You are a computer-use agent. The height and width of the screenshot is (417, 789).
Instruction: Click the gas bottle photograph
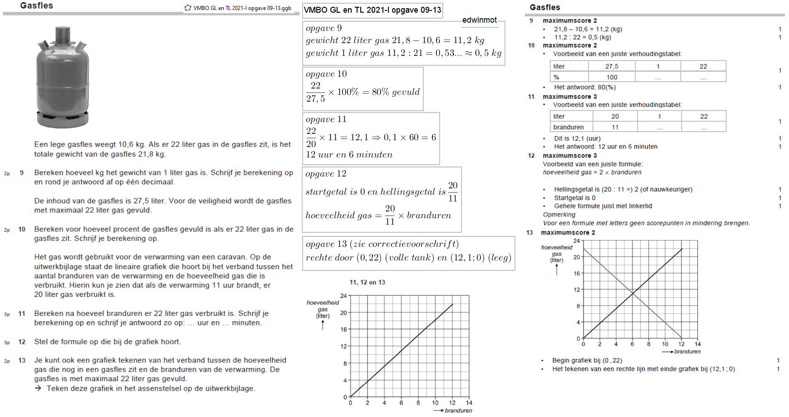[x=63, y=77]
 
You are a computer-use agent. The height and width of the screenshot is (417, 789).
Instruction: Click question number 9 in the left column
[x=21, y=173]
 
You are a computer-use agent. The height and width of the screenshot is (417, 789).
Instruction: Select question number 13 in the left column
[x=22, y=360]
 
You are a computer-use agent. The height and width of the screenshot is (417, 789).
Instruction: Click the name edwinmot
[x=480, y=20]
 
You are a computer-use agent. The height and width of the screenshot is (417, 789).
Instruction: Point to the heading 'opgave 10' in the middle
[x=326, y=74]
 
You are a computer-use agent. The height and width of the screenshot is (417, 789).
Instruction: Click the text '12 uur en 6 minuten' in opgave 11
[x=349, y=155]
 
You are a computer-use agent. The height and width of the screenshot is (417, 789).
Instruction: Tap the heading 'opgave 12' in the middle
[x=326, y=174]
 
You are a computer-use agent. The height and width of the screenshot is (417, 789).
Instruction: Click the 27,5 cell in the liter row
[x=612, y=66]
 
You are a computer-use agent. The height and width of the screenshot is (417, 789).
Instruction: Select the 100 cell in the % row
[x=612, y=77]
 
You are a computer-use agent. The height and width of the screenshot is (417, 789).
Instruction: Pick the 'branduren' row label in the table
[x=568, y=127]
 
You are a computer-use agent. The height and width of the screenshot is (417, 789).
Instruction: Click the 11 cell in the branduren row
[x=615, y=127]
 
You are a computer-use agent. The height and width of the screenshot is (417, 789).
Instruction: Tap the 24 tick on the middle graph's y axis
[x=343, y=296]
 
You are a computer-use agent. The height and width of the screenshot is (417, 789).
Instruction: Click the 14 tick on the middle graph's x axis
[x=469, y=402]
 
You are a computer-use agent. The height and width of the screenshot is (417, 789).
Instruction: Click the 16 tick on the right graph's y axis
[x=577, y=274]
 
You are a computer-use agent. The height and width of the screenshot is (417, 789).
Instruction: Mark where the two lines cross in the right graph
[x=633, y=294]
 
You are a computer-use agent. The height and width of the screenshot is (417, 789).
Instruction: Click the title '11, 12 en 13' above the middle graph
[x=367, y=282]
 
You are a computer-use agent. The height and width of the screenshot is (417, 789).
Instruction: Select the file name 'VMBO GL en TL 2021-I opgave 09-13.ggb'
[x=242, y=8]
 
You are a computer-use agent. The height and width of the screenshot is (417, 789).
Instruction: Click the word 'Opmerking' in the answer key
[x=559, y=215]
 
